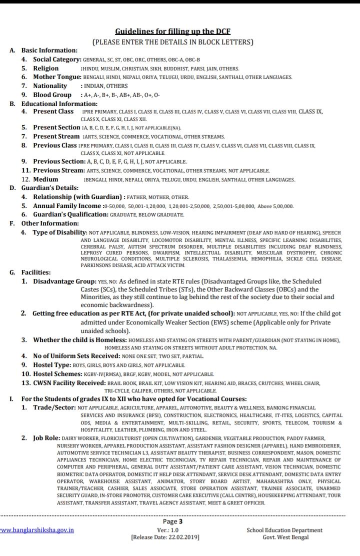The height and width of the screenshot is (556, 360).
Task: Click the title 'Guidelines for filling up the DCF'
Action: [x=172, y=31]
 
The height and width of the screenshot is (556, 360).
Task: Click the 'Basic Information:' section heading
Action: [x=49, y=50]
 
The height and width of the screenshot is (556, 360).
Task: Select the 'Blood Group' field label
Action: [x=52, y=95]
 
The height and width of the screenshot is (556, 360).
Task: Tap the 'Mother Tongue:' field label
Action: [x=57, y=77]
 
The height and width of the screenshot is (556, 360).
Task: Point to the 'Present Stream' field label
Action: [x=56, y=136]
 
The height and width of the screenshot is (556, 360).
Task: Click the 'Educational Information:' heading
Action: [x=59, y=104]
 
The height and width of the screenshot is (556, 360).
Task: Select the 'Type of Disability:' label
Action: [x=60, y=232]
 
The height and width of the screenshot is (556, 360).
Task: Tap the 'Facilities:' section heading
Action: [x=35, y=272]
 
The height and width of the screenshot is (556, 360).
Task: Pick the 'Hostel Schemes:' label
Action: [x=59, y=374]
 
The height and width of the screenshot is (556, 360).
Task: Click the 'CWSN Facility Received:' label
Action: [x=69, y=383]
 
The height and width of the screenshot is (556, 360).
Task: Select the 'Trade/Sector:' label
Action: [x=54, y=408]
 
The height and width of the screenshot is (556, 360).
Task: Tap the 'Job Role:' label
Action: [x=46, y=438]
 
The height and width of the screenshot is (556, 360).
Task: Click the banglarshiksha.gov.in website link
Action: [x=37, y=530]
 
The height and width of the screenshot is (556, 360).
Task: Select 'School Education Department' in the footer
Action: [x=284, y=530]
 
